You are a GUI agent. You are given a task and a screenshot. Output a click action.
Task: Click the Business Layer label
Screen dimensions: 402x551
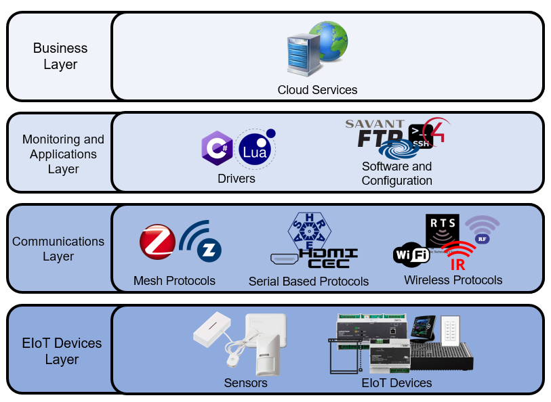(x=60, y=57)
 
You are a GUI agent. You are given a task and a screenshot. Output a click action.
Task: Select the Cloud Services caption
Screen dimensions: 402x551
(x=317, y=90)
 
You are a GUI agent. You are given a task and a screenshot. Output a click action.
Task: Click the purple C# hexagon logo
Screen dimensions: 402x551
(x=218, y=147)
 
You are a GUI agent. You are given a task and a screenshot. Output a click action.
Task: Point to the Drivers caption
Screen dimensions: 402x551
(x=237, y=179)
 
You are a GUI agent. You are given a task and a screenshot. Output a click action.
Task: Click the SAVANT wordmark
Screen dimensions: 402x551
(x=375, y=124)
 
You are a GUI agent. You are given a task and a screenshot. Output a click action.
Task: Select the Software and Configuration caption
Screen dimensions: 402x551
(x=396, y=173)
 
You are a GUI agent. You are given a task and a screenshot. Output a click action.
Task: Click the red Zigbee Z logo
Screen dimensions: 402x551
(x=157, y=242)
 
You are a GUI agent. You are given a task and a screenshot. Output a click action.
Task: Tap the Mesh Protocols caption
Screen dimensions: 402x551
(x=174, y=281)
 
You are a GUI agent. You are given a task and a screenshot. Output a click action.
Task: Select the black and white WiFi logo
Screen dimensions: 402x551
(x=411, y=255)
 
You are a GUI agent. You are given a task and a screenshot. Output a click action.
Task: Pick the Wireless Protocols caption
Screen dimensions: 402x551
(x=453, y=280)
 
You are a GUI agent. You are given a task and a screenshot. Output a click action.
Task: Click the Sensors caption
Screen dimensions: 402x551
(x=245, y=383)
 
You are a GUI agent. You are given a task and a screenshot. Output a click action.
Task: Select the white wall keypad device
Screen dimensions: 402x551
(x=450, y=332)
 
